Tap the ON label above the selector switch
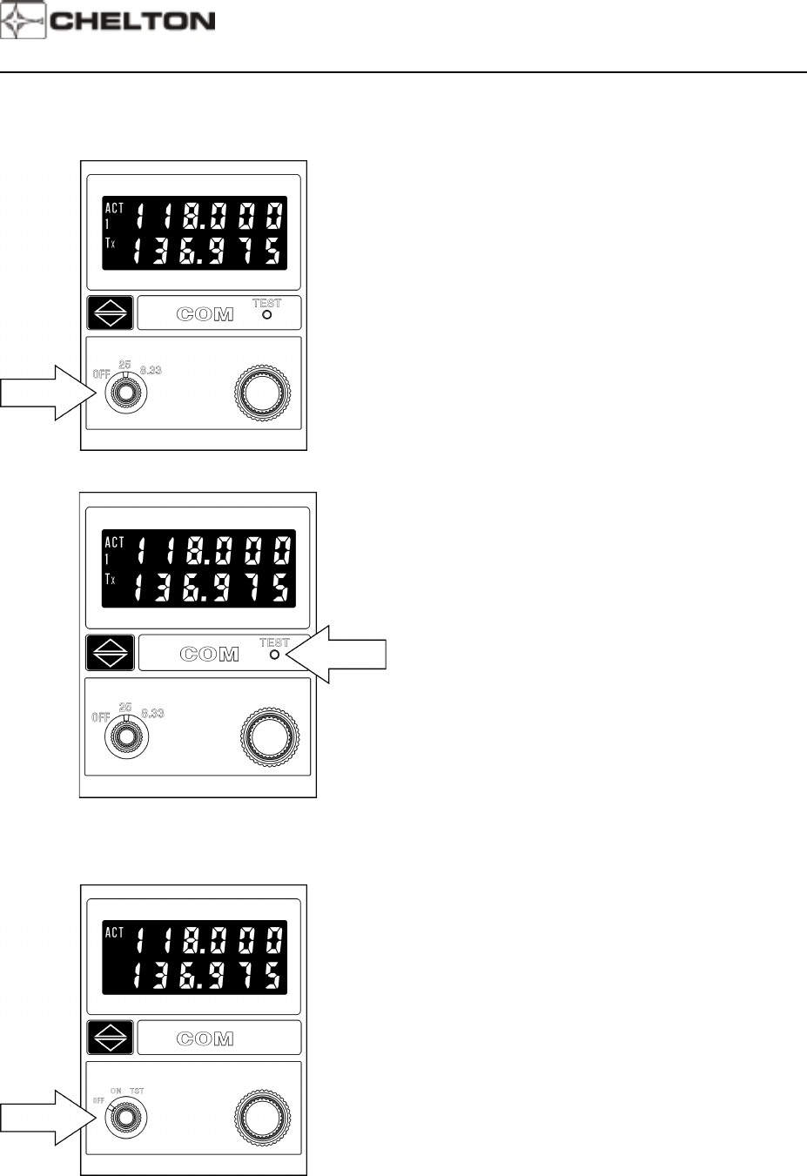[x=116, y=1091]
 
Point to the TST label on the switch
[x=137, y=1091]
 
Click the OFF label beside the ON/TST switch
[x=98, y=1100]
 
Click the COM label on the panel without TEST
[x=205, y=1038]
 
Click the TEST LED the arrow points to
[x=275, y=654]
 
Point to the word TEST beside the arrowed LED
[x=274, y=642]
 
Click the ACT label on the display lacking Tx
[x=114, y=932]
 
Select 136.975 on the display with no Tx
[x=208, y=975]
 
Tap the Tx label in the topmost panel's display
[x=110, y=243]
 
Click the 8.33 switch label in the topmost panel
[x=151, y=370]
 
